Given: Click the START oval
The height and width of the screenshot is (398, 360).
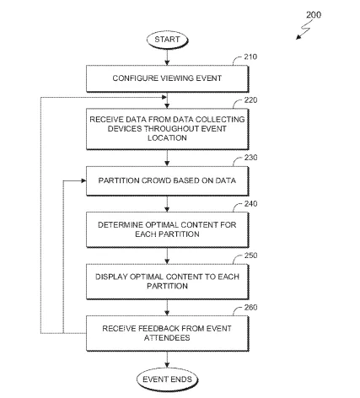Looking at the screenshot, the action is [167, 40].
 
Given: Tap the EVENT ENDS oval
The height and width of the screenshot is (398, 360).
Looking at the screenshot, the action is [167, 379].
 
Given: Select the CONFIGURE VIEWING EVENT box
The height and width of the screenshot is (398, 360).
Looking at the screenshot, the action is [167, 78].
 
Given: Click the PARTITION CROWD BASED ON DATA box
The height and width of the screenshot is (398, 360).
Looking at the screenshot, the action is [167, 181].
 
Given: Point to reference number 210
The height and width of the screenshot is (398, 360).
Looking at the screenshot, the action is [250, 56].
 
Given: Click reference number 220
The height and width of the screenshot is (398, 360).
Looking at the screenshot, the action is [250, 100].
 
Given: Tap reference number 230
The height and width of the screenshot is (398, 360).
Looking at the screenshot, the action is [250, 158].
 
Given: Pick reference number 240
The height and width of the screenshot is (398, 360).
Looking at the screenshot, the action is [250, 203].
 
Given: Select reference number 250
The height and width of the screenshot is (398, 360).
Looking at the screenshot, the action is [250, 255].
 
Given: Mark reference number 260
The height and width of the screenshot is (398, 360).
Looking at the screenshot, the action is [250, 307].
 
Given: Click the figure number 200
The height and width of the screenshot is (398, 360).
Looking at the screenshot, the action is [314, 14].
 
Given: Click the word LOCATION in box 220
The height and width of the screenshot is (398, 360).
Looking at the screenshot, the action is [167, 138].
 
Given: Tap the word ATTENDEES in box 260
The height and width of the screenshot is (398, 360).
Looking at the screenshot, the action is [167, 338].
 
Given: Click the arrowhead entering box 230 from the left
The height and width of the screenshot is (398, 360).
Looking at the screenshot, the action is [83, 180].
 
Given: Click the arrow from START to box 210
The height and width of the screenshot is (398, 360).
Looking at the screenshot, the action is [167, 57].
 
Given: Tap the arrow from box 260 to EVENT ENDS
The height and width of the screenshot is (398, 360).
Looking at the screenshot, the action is [167, 360].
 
